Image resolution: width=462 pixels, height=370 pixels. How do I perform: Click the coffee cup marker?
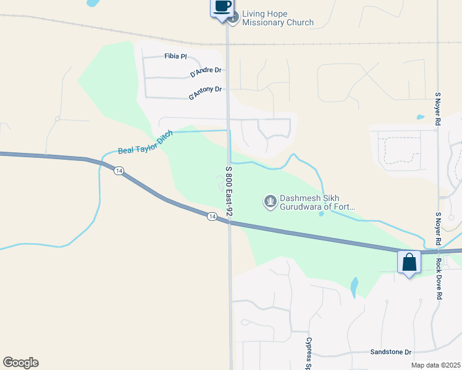pyautogui.click(x=222, y=7)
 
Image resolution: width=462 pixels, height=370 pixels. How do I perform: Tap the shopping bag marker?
pyautogui.click(x=409, y=262)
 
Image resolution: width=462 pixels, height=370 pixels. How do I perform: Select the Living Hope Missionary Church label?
pyautogui.click(x=277, y=18)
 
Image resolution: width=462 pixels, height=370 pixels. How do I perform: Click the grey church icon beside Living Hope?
pyautogui.click(x=233, y=17)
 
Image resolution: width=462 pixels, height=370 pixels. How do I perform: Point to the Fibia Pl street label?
pyautogui.click(x=175, y=56)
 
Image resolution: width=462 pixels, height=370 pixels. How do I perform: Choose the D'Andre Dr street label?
pyautogui.click(x=206, y=72)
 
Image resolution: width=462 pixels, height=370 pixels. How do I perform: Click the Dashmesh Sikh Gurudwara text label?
pyautogui.click(x=317, y=202)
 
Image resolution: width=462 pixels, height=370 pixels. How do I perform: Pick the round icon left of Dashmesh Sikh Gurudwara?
pyautogui.click(x=270, y=202)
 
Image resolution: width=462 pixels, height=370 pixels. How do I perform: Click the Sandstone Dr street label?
pyautogui.click(x=390, y=352)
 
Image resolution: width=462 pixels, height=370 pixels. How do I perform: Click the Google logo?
pyautogui.click(x=20, y=363)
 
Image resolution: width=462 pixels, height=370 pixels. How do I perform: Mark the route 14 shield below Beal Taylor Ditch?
pyautogui.click(x=118, y=171)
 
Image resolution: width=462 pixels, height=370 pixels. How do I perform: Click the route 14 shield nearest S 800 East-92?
pyautogui.click(x=211, y=216)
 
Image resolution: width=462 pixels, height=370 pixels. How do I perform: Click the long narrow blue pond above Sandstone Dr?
pyautogui.click(x=354, y=286)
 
